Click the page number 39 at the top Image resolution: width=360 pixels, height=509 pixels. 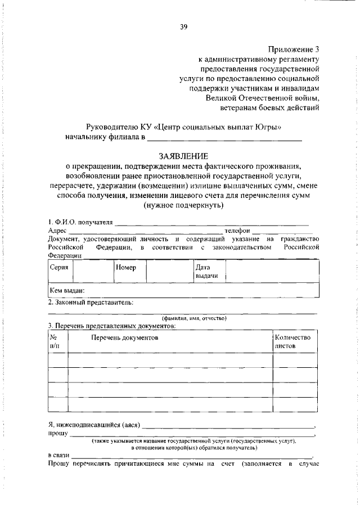(183, 25)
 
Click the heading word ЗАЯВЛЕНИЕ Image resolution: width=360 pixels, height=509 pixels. (183, 155)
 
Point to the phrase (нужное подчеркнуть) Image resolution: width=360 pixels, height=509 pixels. (183, 205)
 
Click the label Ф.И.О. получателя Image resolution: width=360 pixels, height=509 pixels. (80, 222)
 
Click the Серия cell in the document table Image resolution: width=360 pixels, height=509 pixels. (59, 268)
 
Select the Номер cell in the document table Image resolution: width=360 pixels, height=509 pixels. (126, 268)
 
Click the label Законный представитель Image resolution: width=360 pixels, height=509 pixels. (91, 302)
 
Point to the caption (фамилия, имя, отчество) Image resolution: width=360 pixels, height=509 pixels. (194, 318)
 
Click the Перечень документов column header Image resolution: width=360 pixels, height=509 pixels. (125, 337)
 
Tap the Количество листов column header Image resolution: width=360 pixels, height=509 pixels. (292, 342)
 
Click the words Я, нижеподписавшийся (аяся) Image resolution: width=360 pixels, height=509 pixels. (94, 425)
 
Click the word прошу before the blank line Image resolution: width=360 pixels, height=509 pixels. (57, 434)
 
